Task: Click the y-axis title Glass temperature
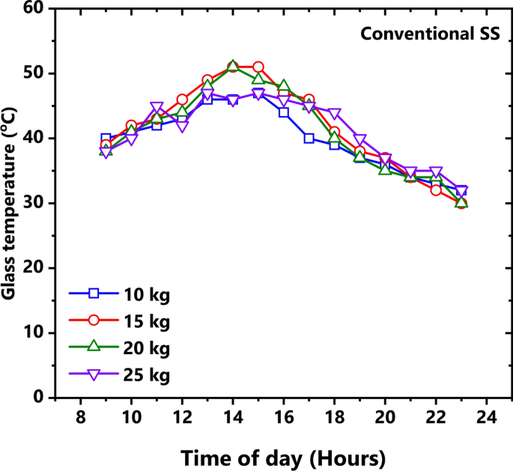pos(10,204)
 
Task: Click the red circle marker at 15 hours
pos(258,67)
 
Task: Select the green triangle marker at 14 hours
pos(233,66)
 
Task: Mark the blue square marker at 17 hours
pos(309,139)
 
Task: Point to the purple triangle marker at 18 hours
pos(334,114)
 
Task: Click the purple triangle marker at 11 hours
pos(157,107)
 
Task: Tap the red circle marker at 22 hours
pos(436,190)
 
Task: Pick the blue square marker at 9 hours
pos(106,139)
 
